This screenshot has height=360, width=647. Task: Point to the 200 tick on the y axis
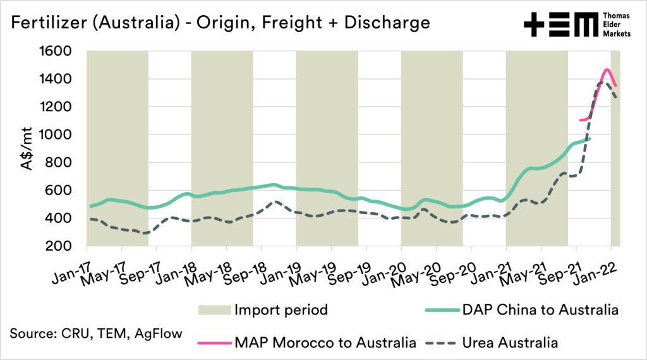pyautogui.click(x=60, y=246)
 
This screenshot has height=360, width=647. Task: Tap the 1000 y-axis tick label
pyautogui.click(x=56, y=135)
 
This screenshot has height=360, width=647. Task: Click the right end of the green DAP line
pyautogui.click(x=590, y=139)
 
